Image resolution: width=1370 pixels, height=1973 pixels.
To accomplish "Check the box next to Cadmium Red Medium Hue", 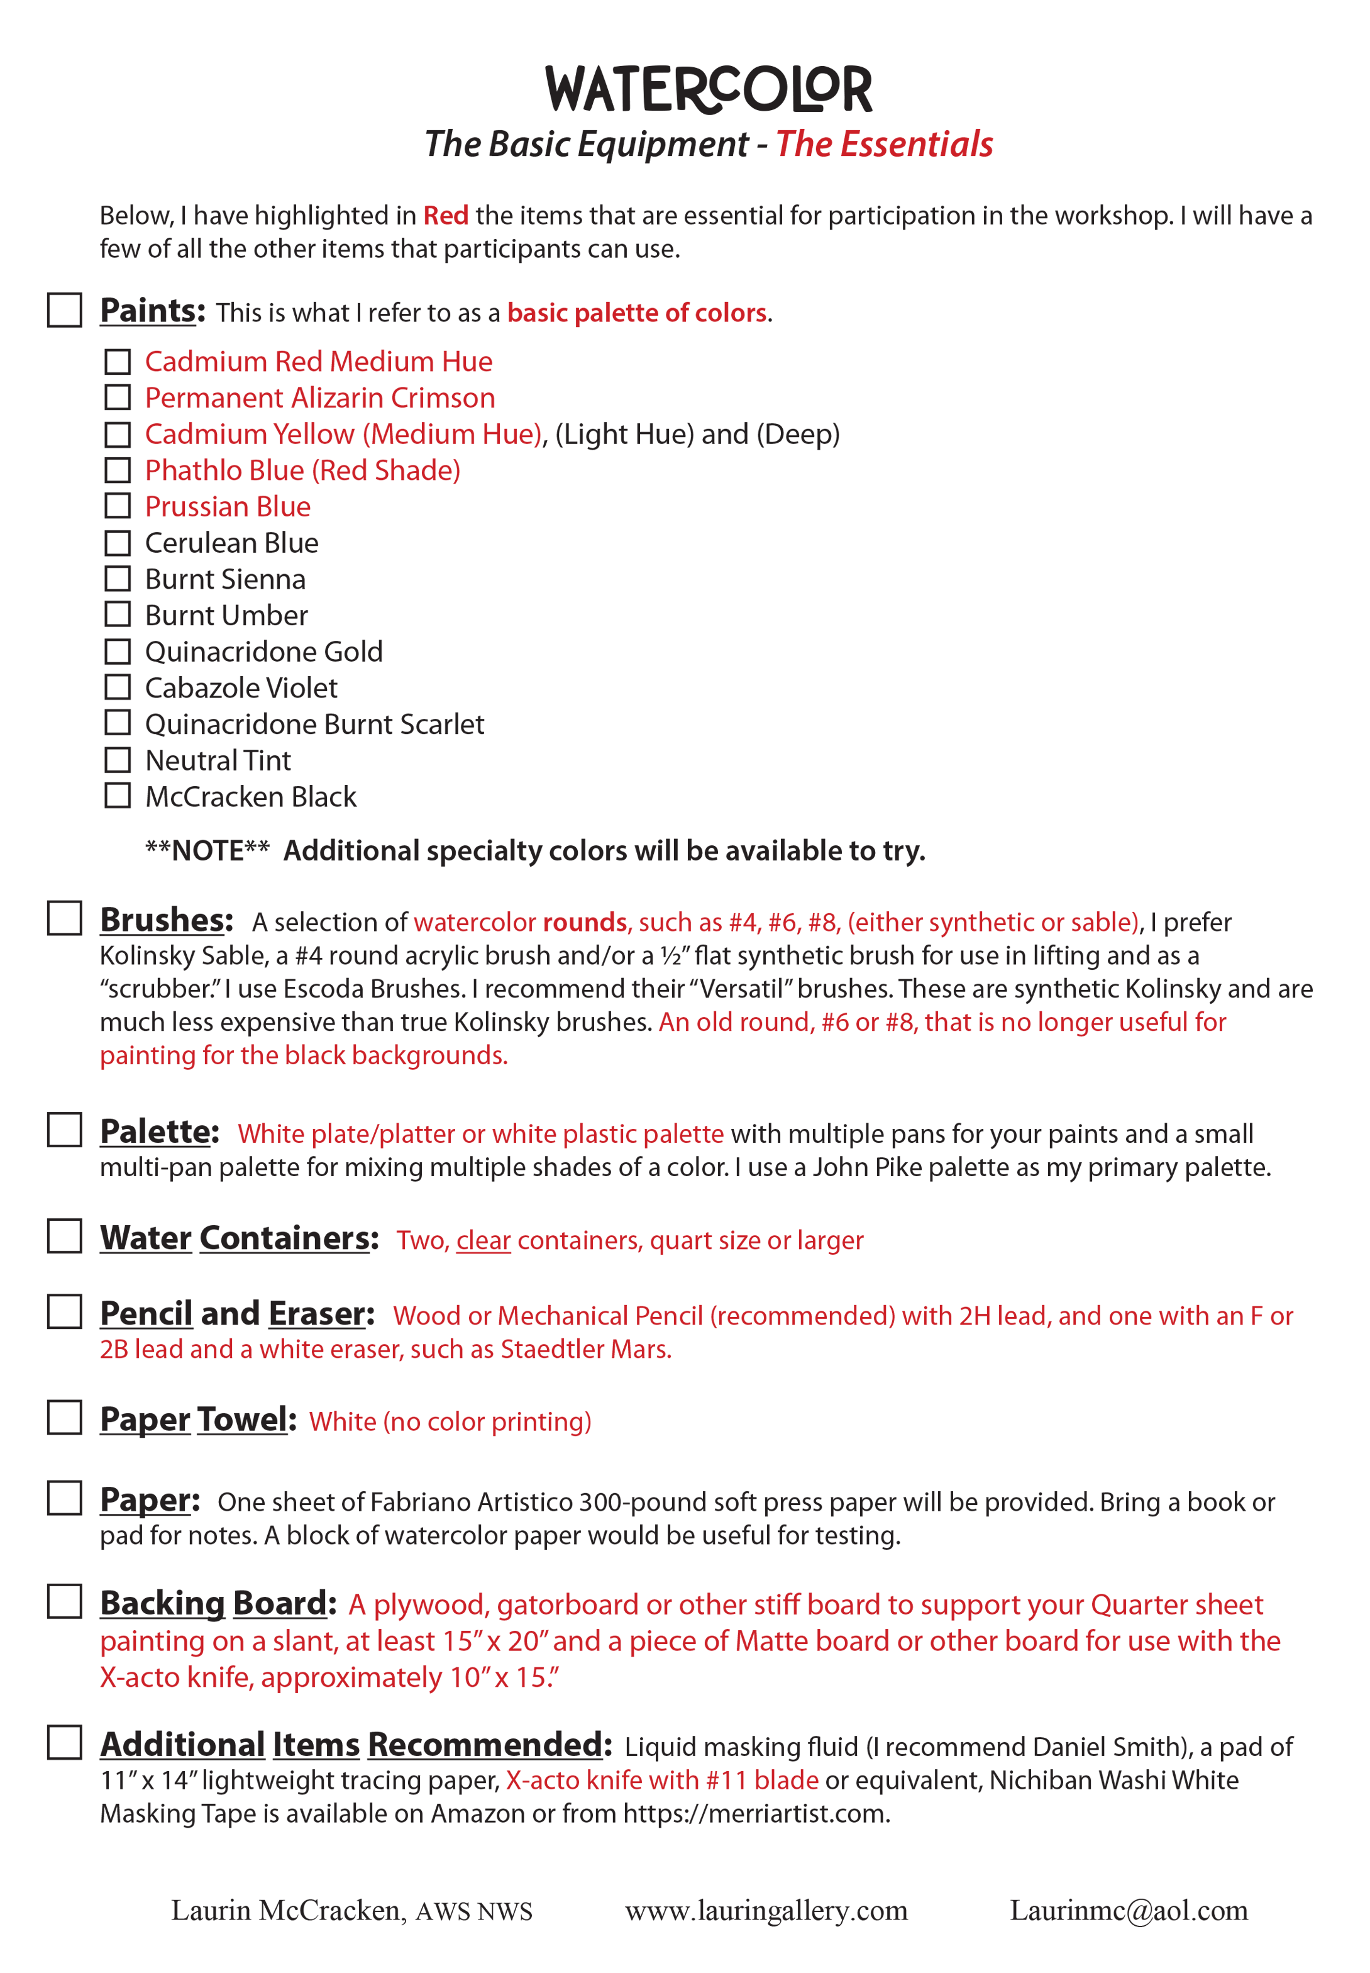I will pos(118,362).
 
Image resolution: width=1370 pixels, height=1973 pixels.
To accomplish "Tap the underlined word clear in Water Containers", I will pos(483,1241).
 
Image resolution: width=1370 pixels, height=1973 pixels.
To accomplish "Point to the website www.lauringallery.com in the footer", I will pos(766,1911).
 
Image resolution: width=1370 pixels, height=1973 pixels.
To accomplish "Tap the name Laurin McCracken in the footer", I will pos(287,1911).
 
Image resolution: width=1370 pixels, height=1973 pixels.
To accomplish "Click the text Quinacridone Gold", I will pos(263,652).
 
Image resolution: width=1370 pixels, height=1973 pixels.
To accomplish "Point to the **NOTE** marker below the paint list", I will pos(207,851).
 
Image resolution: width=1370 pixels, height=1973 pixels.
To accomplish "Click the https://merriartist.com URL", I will pos(754,1813).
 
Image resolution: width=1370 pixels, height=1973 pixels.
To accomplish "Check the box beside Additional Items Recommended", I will pos(64,1743).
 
